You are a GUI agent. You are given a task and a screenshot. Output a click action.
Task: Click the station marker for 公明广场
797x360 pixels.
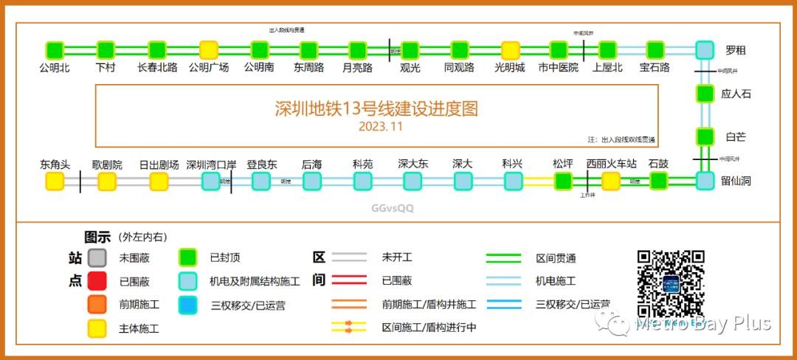209,50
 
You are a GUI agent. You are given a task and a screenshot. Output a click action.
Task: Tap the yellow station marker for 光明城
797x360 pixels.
510,50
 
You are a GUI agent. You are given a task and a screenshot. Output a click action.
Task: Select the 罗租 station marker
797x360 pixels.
705,50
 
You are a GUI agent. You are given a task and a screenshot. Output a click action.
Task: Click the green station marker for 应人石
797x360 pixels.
705,94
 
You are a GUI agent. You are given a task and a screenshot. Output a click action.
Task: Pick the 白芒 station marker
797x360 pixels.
705,136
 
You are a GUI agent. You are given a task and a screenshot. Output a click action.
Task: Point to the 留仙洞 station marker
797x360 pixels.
705,181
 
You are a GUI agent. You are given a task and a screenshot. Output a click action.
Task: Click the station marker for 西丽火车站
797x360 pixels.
610,181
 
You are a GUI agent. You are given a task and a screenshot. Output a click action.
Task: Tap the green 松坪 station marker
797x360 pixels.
563,181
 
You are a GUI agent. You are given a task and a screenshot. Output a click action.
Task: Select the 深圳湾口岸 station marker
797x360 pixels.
211,181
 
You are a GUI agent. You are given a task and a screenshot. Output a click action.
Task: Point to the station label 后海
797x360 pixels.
311,165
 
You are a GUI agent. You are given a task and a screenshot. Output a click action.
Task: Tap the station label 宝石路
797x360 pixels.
655,68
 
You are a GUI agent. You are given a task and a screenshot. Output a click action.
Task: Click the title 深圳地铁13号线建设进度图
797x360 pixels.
376,109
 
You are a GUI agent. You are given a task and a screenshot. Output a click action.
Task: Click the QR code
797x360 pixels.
671,283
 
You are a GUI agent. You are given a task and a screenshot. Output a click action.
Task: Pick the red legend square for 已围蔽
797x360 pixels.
97,281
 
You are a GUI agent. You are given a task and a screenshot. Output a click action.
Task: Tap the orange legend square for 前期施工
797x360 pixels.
97,304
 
